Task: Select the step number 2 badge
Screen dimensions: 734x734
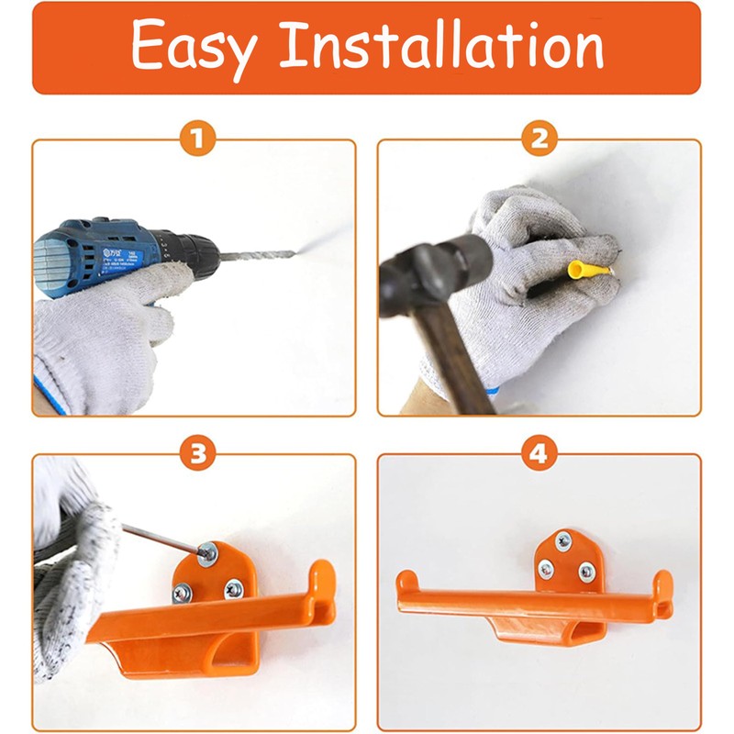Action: (539, 140)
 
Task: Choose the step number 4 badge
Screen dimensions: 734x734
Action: (539, 454)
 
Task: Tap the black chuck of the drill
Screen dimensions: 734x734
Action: (193, 248)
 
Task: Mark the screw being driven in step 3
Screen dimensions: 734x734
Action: (208, 552)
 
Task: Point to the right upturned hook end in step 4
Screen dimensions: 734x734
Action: (662, 584)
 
